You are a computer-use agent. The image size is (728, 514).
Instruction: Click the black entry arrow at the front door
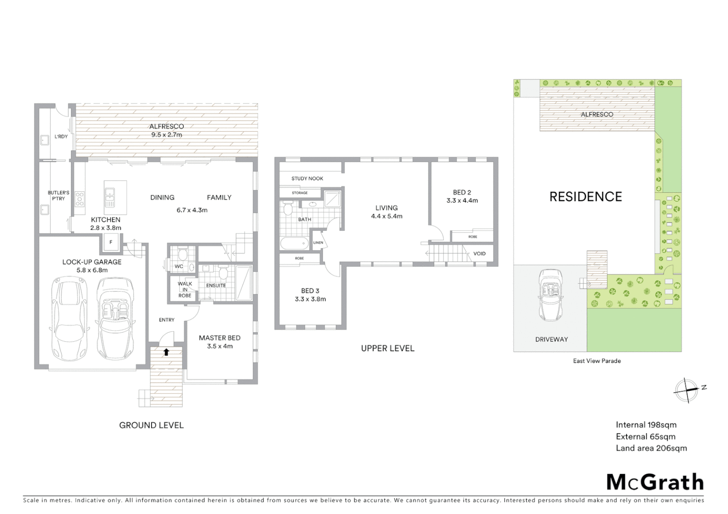(166, 352)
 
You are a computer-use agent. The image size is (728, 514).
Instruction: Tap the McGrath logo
(655, 482)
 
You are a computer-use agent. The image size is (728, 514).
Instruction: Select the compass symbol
(687, 391)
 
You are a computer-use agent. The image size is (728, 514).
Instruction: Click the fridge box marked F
(111, 243)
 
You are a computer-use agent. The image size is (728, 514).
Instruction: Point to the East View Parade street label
(597, 361)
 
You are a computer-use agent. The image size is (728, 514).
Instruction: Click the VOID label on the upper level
(479, 253)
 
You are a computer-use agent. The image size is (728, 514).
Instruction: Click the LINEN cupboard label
(318, 243)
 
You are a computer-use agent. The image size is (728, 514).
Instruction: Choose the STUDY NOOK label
(307, 178)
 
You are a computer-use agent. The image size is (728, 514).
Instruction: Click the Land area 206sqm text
(651, 448)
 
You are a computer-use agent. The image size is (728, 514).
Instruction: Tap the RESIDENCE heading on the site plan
(586, 197)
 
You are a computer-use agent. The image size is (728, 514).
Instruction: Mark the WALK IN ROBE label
(185, 289)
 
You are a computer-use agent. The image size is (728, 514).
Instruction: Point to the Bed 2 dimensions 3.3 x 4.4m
(462, 200)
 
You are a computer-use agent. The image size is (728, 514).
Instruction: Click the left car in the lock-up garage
(69, 320)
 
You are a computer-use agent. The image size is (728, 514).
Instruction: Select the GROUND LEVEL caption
(151, 425)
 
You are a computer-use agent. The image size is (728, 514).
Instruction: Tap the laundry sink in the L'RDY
(45, 140)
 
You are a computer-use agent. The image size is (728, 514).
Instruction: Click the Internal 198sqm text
(646, 425)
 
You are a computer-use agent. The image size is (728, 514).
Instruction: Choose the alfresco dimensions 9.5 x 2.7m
(166, 135)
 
